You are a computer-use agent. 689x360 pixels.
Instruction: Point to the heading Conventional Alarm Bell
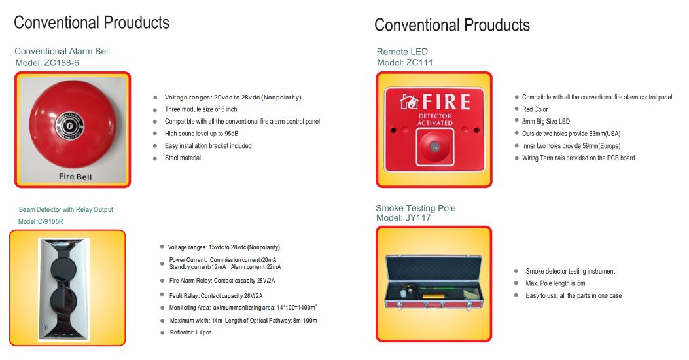coord(62,51)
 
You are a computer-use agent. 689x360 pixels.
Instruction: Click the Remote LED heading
coord(402,52)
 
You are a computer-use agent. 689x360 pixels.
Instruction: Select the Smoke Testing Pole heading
coord(415,208)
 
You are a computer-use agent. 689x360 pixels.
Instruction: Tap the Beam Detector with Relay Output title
coord(65,209)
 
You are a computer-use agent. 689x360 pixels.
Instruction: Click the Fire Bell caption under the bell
coord(75,177)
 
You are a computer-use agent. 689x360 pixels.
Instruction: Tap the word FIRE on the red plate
coord(446,101)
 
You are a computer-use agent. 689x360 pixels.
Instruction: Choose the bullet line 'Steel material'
coord(183,158)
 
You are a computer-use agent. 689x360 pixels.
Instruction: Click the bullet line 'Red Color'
coord(535,109)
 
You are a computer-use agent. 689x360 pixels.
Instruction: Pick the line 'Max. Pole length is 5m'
coord(555,283)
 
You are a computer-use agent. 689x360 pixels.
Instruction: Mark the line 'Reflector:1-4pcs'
coord(190,333)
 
